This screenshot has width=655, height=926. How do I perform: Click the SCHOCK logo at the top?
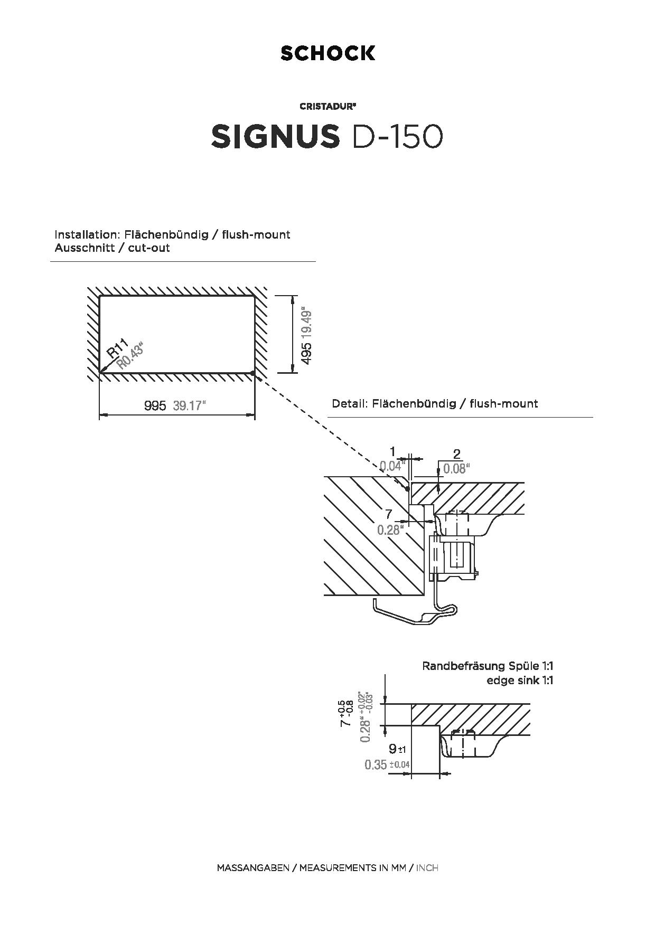click(327, 53)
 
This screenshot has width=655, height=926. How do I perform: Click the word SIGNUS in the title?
click(275, 137)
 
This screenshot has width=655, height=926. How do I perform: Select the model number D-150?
click(397, 137)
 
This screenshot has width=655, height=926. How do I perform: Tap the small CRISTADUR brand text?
click(327, 106)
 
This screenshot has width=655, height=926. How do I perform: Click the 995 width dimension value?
click(155, 405)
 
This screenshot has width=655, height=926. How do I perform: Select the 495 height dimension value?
click(306, 353)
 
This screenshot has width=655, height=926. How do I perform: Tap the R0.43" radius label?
click(130, 355)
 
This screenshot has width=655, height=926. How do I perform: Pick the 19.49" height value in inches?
click(306, 324)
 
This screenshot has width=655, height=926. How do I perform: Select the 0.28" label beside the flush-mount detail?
click(390, 530)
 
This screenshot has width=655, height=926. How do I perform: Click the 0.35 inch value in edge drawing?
click(376, 764)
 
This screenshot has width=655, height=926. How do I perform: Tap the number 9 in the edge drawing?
click(392, 749)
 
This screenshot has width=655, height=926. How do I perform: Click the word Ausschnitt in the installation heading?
click(85, 248)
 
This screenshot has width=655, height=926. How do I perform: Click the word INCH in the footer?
click(427, 868)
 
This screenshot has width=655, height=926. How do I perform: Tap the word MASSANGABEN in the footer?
click(253, 868)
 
